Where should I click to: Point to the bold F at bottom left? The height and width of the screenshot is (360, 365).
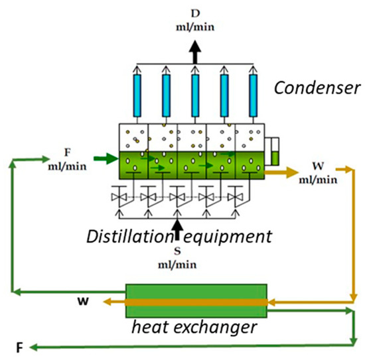click(19, 346)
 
